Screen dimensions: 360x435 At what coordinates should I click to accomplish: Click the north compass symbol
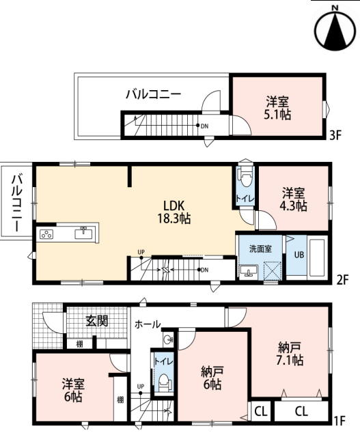pyautogui.click(x=335, y=29)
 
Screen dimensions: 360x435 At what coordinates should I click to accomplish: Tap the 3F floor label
pyautogui.click(x=335, y=135)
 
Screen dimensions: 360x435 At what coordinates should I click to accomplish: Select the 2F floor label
pyautogui.click(x=342, y=280)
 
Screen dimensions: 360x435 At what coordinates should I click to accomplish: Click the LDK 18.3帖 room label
pyautogui.click(x=174, y=212)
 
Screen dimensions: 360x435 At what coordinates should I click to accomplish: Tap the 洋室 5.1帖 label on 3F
pyautogui.click(x=277, y=108)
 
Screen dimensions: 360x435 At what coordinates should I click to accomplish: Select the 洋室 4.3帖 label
pyautogui.click(x=293, y=199)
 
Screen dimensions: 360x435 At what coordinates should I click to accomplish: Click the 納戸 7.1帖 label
pyautogui.click(x=290, y=354)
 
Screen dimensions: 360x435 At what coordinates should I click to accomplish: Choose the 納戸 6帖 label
pyautogui.click(x=212, y=378)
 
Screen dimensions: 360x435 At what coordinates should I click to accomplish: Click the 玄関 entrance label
pyautogui.click(x=97, y=321)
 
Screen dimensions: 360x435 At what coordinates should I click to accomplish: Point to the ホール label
pyautogui.click(x=148, y=324)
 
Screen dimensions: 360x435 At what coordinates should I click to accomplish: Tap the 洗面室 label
pyautogui.click(x=260, y=249)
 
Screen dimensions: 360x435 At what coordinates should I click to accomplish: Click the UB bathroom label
pyautogui.click(x=299, y=255)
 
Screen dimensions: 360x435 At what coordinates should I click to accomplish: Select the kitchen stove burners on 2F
pyautogui.click(x=46, y=234)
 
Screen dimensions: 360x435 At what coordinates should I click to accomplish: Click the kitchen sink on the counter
pyautogui.click(x=83, y=233)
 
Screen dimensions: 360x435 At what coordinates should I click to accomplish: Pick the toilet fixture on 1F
pyautogui.click(x=164, y=383)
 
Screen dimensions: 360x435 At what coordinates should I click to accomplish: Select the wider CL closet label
pyautogui.click(x=301, y=411)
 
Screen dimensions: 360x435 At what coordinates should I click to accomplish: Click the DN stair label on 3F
pyautogui.click(x=204, y=126)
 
